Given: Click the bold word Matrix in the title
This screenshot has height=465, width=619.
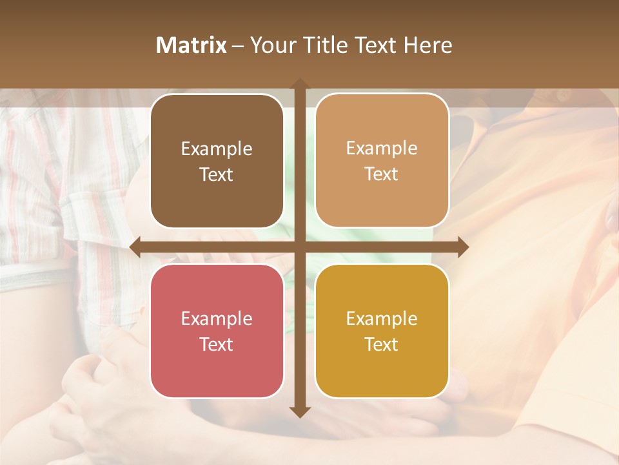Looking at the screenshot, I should [x=192, y=45].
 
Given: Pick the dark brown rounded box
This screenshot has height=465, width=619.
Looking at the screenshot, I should [x=217, y=161].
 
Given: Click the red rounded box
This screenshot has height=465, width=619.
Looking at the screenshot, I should [x=217, y=331].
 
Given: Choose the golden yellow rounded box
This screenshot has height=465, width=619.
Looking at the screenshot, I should [x=382, y=331].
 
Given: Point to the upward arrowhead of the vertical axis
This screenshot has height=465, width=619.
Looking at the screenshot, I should [x=299, y=85].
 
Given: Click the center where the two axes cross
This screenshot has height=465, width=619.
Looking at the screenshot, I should [x=299, y=247].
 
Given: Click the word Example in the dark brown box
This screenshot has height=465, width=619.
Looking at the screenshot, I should [x=217, y=149].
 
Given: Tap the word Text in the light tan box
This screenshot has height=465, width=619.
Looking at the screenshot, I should [x=382, y=174].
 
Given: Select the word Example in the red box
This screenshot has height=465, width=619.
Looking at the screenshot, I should [x=217, y=319].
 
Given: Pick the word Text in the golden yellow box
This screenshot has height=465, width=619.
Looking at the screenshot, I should [x=382, y=345].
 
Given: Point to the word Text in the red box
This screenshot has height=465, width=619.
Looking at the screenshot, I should [x=217, y=345].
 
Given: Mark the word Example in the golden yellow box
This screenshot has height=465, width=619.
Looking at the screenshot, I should [x=382, y=319].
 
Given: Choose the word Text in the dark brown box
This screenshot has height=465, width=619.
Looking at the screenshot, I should [x=217, y=175].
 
